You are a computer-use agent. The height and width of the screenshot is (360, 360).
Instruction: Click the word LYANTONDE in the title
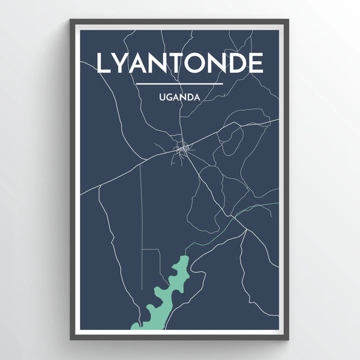click(179, 63)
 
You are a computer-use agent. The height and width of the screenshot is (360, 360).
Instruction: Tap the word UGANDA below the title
click(179, 95)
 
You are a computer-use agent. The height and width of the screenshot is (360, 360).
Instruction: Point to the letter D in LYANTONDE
click(235, 63)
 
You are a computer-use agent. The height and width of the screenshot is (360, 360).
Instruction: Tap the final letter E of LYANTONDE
click(256, 63)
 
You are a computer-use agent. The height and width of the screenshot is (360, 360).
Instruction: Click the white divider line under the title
click(179, 83)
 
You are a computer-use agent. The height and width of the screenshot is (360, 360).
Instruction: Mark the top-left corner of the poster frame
click(70, 20)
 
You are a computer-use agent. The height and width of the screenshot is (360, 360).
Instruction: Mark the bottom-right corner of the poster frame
click(289, 340)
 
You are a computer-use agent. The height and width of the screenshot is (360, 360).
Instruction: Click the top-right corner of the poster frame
click(289, 20)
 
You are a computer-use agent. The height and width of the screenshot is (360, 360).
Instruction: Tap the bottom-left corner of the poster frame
click(70, 340)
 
